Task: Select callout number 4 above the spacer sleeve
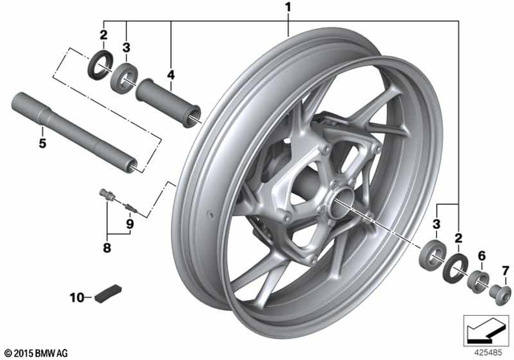point(170,76)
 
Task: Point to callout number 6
point(481,255)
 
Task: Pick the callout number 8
point(107,248)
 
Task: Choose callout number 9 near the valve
point(129,226)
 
